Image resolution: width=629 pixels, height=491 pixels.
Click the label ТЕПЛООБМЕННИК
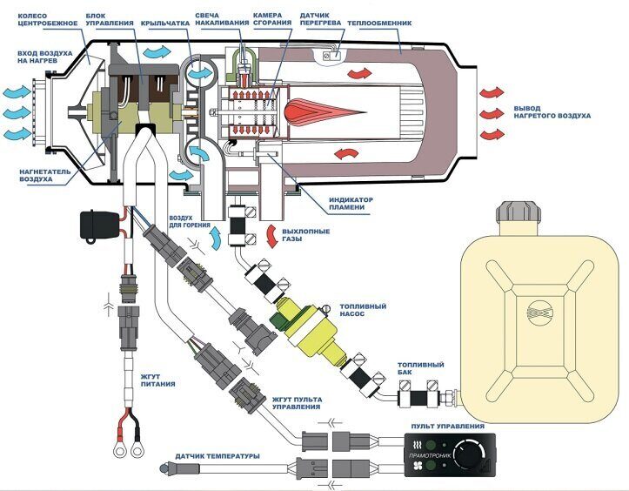[379, 24]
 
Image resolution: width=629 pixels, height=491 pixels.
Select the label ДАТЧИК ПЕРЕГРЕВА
[320, 19]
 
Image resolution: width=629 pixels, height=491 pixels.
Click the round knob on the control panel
[467, 455]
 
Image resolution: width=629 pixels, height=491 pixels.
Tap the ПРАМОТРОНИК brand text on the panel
[430, 455]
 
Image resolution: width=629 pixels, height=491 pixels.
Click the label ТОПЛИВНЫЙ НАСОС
[363, 310]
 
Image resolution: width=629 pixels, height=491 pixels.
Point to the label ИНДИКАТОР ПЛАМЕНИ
[351, 204]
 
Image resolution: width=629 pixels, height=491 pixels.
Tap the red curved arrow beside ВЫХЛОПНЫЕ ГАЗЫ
[272, 236]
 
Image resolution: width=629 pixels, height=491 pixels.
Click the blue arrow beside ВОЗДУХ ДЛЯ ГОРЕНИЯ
[216, 238]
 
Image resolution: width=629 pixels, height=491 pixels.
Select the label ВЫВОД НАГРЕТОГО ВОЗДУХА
[552, 112]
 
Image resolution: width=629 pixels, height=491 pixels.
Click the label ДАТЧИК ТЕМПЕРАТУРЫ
[217, 456]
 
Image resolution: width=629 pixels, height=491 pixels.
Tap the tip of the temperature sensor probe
[161, 467]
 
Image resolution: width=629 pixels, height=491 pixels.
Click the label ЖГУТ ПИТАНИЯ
[157, 380]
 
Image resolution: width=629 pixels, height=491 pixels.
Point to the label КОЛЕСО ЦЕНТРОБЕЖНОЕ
[47, 20]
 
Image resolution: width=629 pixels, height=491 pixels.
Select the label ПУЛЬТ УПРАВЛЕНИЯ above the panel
[448, 426]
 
